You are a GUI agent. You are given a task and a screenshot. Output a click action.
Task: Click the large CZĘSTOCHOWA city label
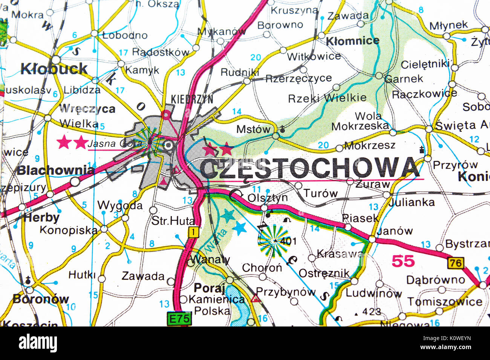pos(309,168)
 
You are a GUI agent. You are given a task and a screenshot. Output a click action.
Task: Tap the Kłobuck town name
pos(54,69)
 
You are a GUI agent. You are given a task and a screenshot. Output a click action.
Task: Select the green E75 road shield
pos(179,319)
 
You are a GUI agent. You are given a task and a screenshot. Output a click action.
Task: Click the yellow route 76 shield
pos(455,262)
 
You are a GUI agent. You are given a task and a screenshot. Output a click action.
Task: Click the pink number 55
pos(403,261)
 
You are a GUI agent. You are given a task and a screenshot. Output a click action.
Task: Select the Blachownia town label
pos(55,170)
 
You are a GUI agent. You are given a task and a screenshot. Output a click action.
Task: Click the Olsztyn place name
pos(267,197)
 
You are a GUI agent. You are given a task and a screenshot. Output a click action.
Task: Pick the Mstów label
pos(253,129)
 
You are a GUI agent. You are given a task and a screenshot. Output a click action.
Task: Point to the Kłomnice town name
pos(352,41)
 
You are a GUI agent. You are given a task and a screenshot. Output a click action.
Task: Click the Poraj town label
pos(209,288)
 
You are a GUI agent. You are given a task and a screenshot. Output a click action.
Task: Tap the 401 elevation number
pos(288,241)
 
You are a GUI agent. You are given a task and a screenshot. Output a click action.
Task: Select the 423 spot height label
pos(371,312)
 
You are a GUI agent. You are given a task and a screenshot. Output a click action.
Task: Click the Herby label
pos(41,218)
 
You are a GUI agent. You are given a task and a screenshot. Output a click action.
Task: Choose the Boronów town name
pos(41,299)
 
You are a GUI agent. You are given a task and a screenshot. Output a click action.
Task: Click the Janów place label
pos(395,230)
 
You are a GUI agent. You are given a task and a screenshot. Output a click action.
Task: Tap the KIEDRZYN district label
pos(192,99)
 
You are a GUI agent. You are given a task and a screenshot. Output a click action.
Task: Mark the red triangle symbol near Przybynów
pos(256,299)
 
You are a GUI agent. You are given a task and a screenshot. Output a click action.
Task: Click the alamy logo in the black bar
pos(38,343)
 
